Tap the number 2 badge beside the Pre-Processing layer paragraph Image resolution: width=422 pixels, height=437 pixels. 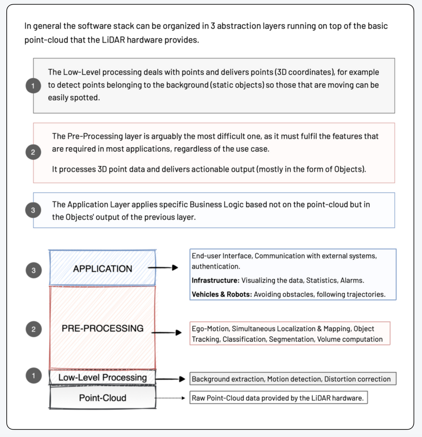point(33,153)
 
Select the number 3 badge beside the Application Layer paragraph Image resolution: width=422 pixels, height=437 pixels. point(33,210)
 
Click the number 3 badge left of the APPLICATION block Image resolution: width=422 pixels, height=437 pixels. point(34,271)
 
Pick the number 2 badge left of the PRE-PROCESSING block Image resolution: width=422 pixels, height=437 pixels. point(34,330)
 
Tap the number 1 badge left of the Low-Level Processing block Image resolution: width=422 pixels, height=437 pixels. point(34,376)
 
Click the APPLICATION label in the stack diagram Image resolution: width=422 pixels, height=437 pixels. point(103,269)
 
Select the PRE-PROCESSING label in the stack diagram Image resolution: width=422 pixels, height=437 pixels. point(103,328)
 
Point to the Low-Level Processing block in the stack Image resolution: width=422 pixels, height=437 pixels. point(103,378)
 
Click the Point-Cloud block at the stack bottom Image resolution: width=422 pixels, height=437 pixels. point(103,397)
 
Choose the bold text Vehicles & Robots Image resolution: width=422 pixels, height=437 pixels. point(222,294)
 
